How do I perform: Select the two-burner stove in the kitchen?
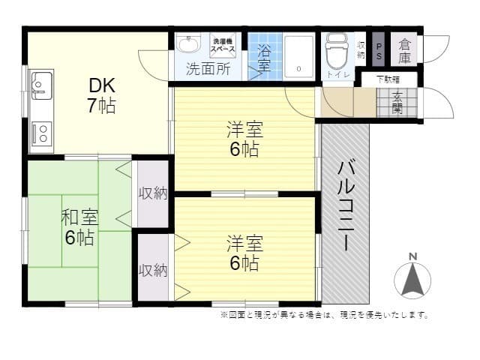pyautogui.click(x=42, y=133)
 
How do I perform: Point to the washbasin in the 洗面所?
pyautogui.click(x=186, y=45)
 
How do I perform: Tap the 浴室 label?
pyautogui.click(x=265, y=58)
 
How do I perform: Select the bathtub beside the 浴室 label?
pyautogui.click(x=299, y=56)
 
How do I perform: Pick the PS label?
pyautogui.click(x=378, y=50)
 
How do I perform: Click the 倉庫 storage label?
pyautogui.click(x=405, y=50)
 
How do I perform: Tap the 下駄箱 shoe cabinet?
pyautogui.click(x=387, y=79)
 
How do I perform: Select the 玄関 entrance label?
pyautogui.click(x=396, y=103)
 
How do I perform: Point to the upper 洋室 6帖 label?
pyautogui.click(x=244, y=139)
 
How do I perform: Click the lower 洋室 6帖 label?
pyautogui.click(x=244, y=253)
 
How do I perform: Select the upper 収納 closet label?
pyautogui.click(x=152, y=193)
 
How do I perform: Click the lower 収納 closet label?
pyautogui.click(x=152, y=270)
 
